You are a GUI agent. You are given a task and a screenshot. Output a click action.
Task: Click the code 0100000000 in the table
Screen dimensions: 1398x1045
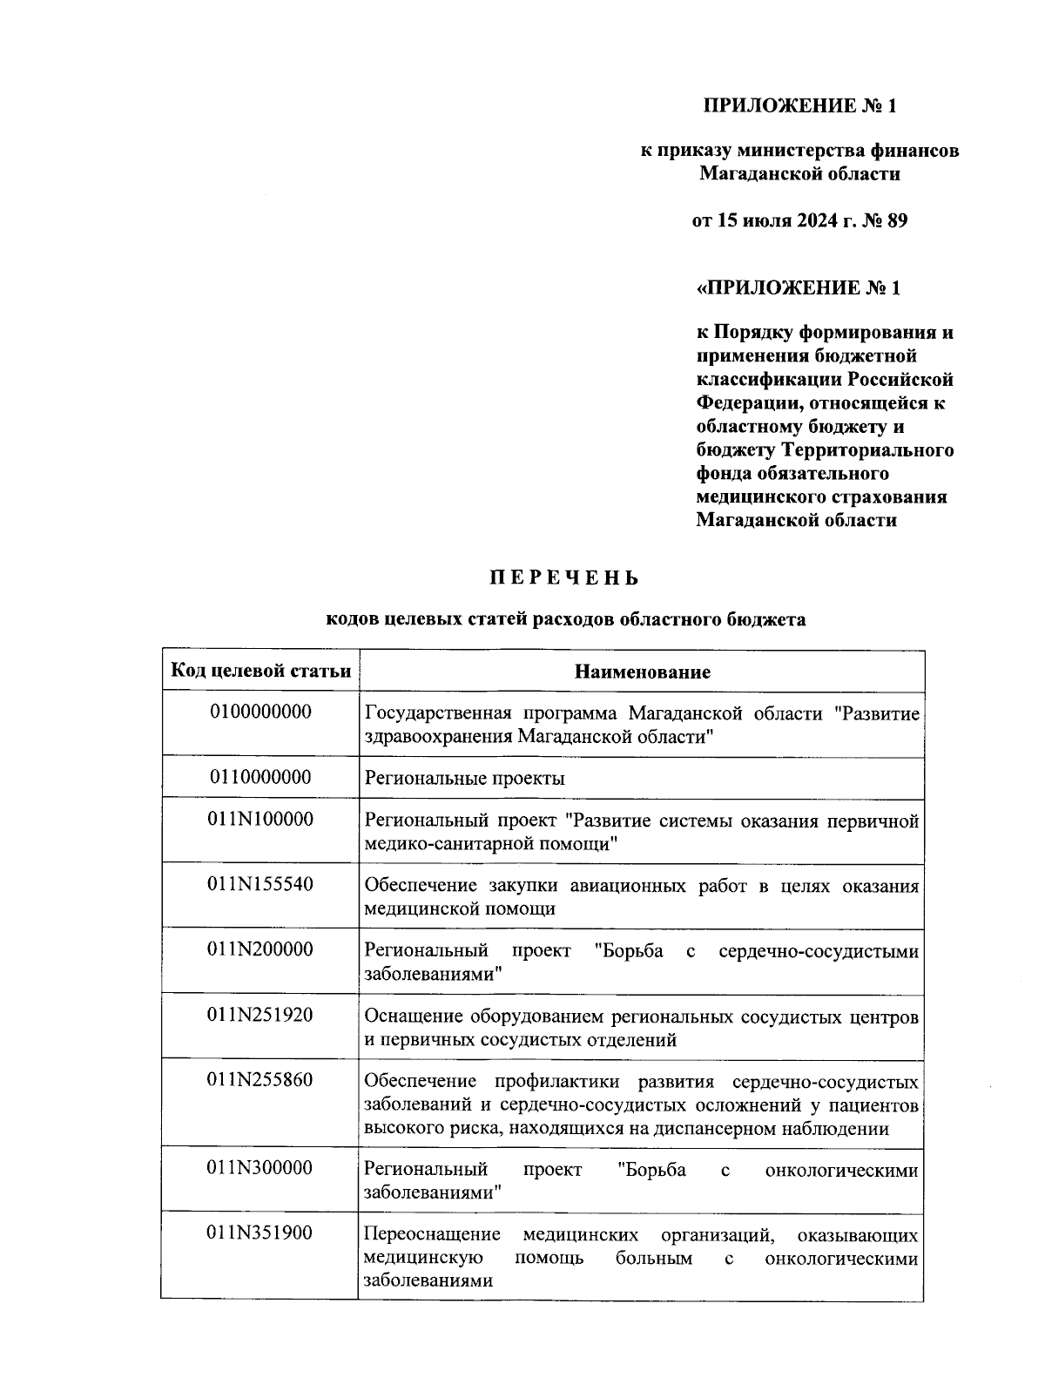click(260, 712)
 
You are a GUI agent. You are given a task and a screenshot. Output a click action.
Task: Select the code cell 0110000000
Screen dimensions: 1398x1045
click(260, 777)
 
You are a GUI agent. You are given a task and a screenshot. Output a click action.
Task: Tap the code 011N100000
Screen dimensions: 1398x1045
click(260, 820)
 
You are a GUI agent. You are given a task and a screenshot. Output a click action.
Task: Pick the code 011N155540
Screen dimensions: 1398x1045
click(260, 885)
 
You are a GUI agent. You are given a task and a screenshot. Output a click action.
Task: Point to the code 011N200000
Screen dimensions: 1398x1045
click(260, 950)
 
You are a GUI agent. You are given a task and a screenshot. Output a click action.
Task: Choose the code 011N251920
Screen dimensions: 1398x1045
click(260, 1016)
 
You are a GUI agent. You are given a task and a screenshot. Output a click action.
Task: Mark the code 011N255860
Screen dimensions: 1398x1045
click(260, 1081)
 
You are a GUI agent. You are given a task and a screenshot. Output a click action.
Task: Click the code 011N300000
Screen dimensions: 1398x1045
click(260, 1169)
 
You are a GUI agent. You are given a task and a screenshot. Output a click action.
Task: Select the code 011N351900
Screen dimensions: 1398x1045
click(260, 1233)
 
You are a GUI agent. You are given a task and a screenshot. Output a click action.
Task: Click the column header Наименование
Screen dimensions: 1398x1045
click(642, 672)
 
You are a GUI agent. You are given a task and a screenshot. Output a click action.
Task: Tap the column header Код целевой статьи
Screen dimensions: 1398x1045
click(260, 671)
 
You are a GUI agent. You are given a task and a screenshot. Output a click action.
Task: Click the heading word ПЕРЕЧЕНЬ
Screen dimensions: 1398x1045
click(564, 578)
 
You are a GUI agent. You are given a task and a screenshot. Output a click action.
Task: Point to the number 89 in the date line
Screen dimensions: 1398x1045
click(896, 220)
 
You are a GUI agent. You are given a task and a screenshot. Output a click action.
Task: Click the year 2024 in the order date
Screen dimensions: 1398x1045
click(815, 220)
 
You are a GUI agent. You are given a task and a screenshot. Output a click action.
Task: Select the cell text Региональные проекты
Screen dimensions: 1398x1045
click(464, 779)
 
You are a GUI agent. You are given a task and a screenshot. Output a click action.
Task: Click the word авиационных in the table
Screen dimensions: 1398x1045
click(627, 887)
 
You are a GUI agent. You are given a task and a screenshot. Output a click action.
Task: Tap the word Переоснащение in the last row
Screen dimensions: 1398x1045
click(432, 1235)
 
